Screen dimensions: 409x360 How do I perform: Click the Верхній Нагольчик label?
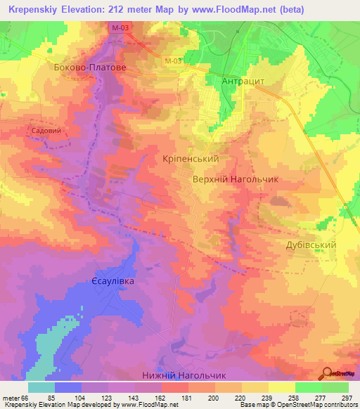236,179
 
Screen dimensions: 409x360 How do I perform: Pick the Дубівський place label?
311,245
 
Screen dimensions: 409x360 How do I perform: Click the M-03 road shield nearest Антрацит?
174,61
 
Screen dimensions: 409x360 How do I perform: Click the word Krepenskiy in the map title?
34,10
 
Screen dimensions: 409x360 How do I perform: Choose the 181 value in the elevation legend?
186,397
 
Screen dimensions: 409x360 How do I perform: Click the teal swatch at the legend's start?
41,388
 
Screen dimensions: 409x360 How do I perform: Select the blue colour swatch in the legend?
68,388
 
